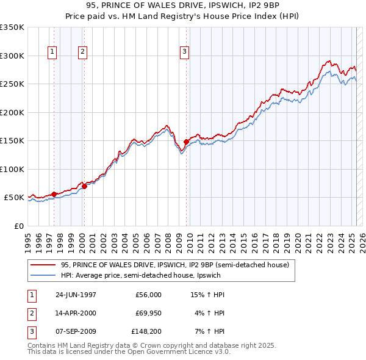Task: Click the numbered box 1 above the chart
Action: (x=52, y=52)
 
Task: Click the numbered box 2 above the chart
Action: (x=82, y=52)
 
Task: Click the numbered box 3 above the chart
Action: (x=184, y=52)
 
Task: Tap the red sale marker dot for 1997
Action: (x=54, y=194)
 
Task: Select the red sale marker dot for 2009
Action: (x=186, y=142)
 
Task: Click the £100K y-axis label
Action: (x=12, y=169)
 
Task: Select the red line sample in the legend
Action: (x=43, y=265)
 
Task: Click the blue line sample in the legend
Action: (x=43, y=276)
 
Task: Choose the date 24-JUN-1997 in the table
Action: (x=76, y=295)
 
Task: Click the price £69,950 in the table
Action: (x=146, y=312)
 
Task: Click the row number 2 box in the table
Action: (x=30, y=312)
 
